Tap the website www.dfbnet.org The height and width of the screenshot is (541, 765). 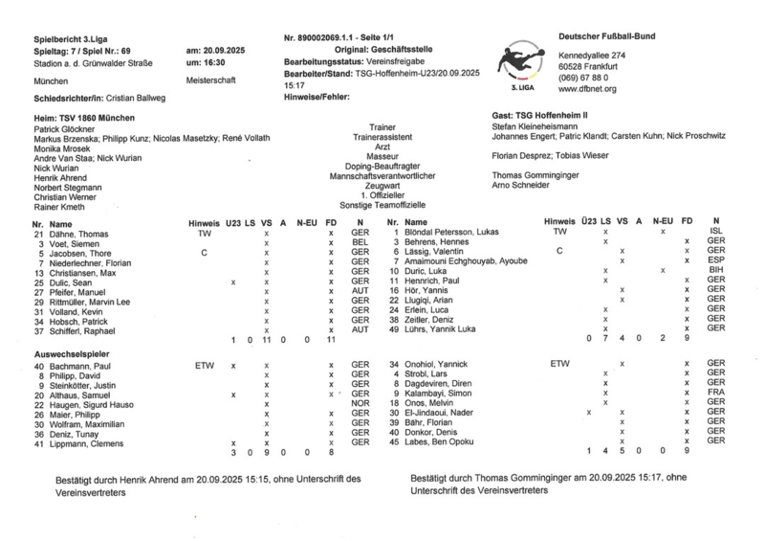587,88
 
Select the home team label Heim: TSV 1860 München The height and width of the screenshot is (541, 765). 85,115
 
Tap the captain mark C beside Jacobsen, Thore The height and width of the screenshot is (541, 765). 203,253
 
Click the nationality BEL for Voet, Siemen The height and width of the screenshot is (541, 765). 360,243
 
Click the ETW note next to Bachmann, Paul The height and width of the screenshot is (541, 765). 205,365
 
